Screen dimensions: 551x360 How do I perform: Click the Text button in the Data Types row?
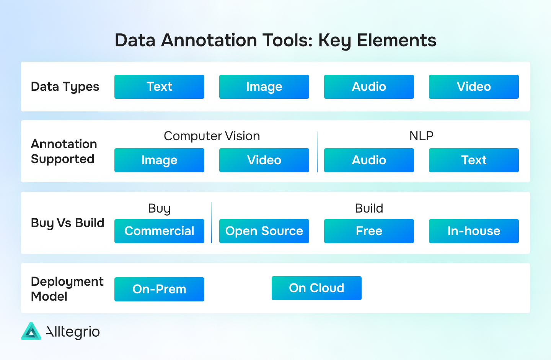[159, 87]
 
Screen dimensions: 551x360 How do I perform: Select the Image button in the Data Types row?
[264, 87]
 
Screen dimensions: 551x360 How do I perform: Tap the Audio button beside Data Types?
[369, 87]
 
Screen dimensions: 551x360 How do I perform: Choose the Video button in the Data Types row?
[474, 87]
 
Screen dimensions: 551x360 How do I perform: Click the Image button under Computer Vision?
[159, 160]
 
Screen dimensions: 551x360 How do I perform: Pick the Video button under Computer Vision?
[264, 160]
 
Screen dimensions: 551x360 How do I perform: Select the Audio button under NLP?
[369, 160]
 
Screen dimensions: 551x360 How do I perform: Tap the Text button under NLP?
[474, 160]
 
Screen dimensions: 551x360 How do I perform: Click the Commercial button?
[159, 231]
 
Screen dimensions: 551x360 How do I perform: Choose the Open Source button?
[264, 231]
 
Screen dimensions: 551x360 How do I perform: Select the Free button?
[369, 231]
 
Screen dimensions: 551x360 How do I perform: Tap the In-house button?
[474, 231]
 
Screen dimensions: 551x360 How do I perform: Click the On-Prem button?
[159, 289]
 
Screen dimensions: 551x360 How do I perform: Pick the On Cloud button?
[316, 288]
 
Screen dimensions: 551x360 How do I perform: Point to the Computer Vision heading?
[212, 136]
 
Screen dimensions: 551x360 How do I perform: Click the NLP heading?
[421, 136]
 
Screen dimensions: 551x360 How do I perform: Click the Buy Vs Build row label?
[67, 223]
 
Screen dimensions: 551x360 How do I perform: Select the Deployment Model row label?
[67, 289]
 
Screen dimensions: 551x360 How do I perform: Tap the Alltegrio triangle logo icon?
[31, 331]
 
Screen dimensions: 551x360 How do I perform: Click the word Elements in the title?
[396, 40]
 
